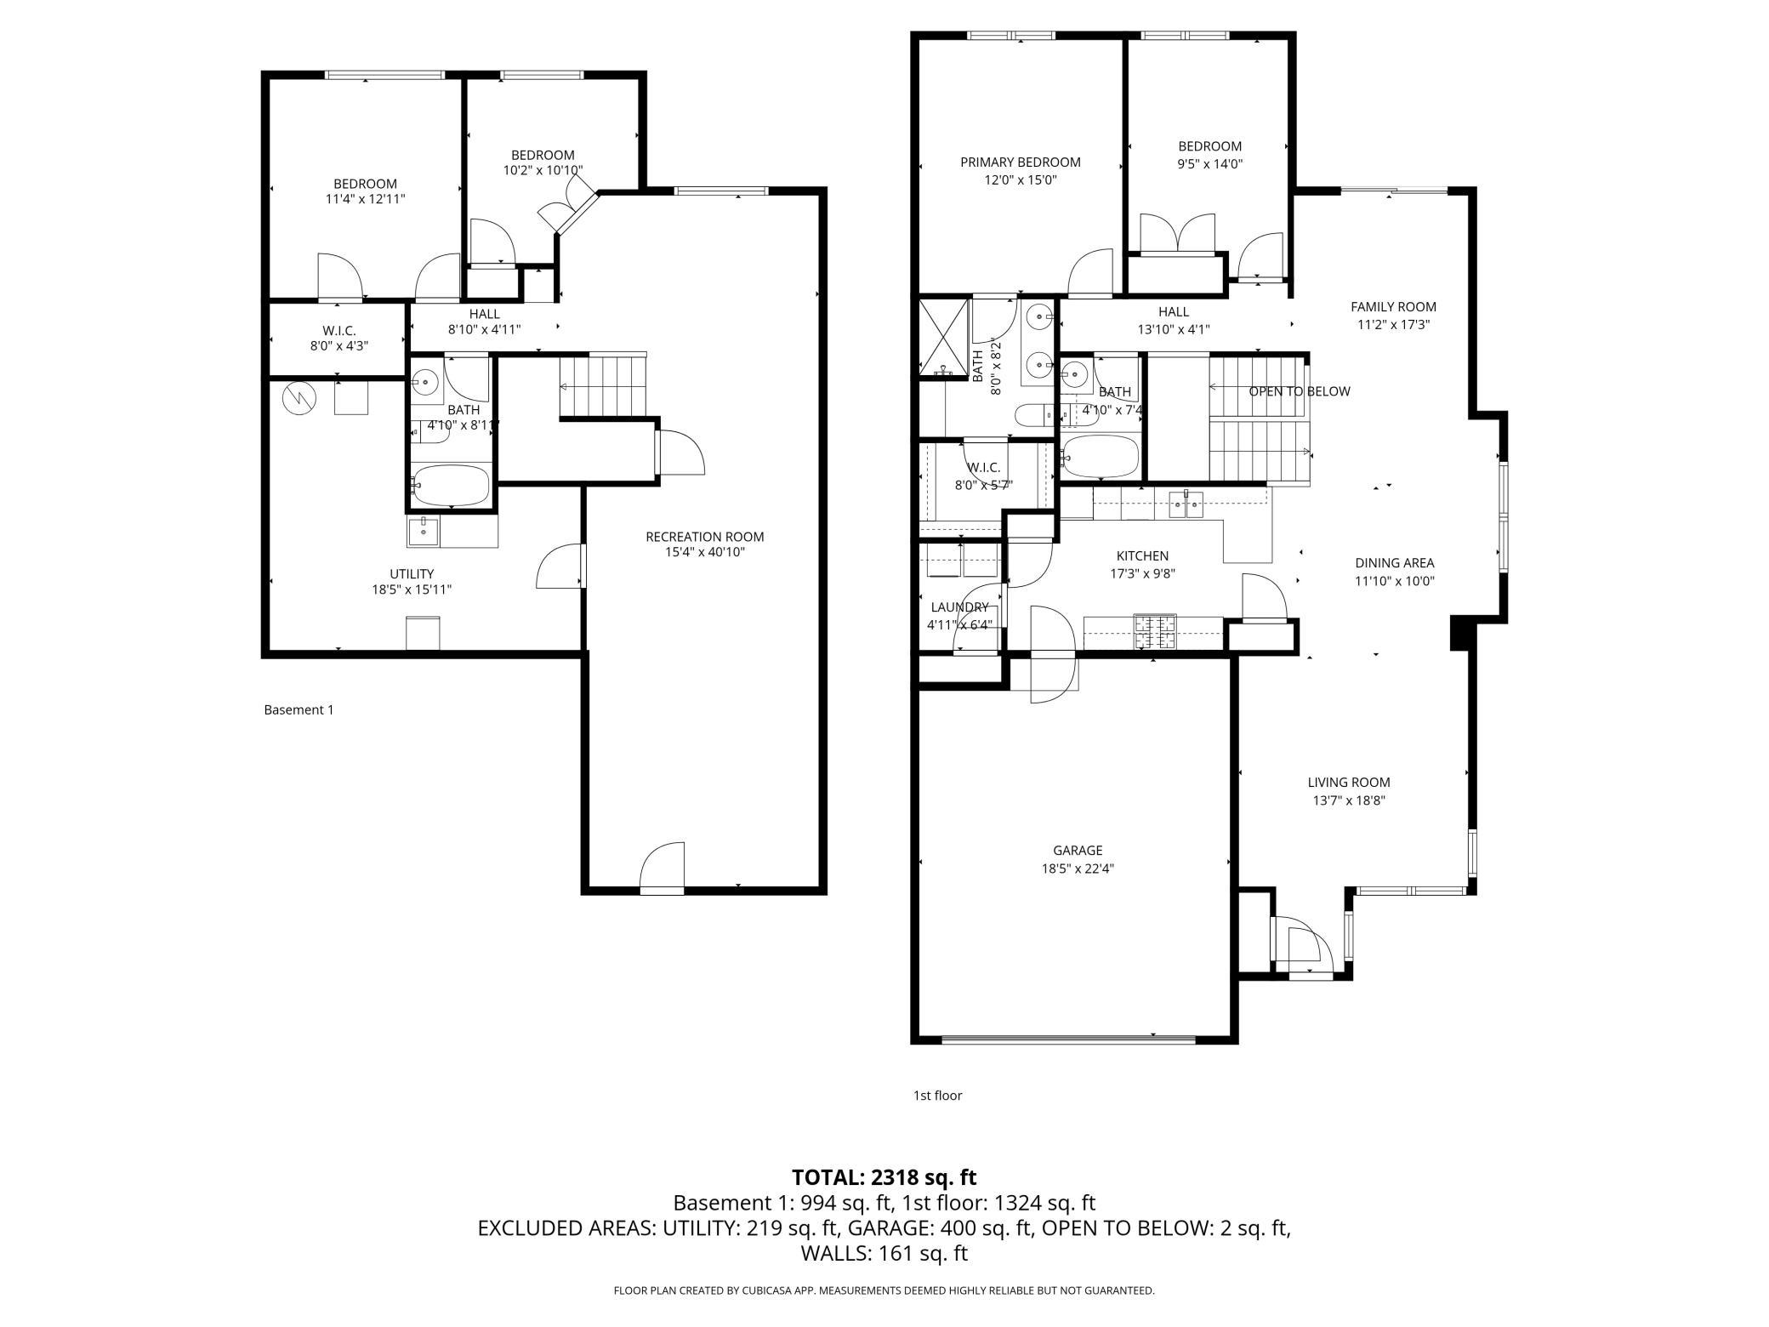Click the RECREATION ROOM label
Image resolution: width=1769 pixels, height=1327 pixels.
click(704, 537)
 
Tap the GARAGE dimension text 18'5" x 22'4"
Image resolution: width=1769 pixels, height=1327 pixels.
click(1078, 869)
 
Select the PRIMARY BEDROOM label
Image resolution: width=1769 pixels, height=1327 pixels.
click(1021, 162)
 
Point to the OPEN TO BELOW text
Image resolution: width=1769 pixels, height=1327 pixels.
click(1300, 391)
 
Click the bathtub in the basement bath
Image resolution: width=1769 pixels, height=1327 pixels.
click(451, 485)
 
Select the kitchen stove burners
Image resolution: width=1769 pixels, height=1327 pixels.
click(1155, 631)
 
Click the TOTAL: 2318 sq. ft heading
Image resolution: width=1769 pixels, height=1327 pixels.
click(884, 1177)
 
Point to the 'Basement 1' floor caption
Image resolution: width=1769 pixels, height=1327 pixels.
click(299, 709)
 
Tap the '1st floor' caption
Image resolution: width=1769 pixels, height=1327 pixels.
click(937, 1096)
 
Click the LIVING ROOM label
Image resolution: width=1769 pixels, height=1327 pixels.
click(1349, 783)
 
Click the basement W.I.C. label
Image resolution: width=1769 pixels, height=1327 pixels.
click(338, 330)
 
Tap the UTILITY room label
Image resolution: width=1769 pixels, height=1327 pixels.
click(412, 574)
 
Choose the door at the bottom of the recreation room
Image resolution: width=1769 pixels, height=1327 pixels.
click(662, 868)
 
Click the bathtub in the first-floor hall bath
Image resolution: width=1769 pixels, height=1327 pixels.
click(1101, 457)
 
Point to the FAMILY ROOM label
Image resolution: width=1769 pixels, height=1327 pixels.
click(1393, 307)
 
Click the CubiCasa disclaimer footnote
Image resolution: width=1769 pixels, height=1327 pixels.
click(884, 1290)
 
